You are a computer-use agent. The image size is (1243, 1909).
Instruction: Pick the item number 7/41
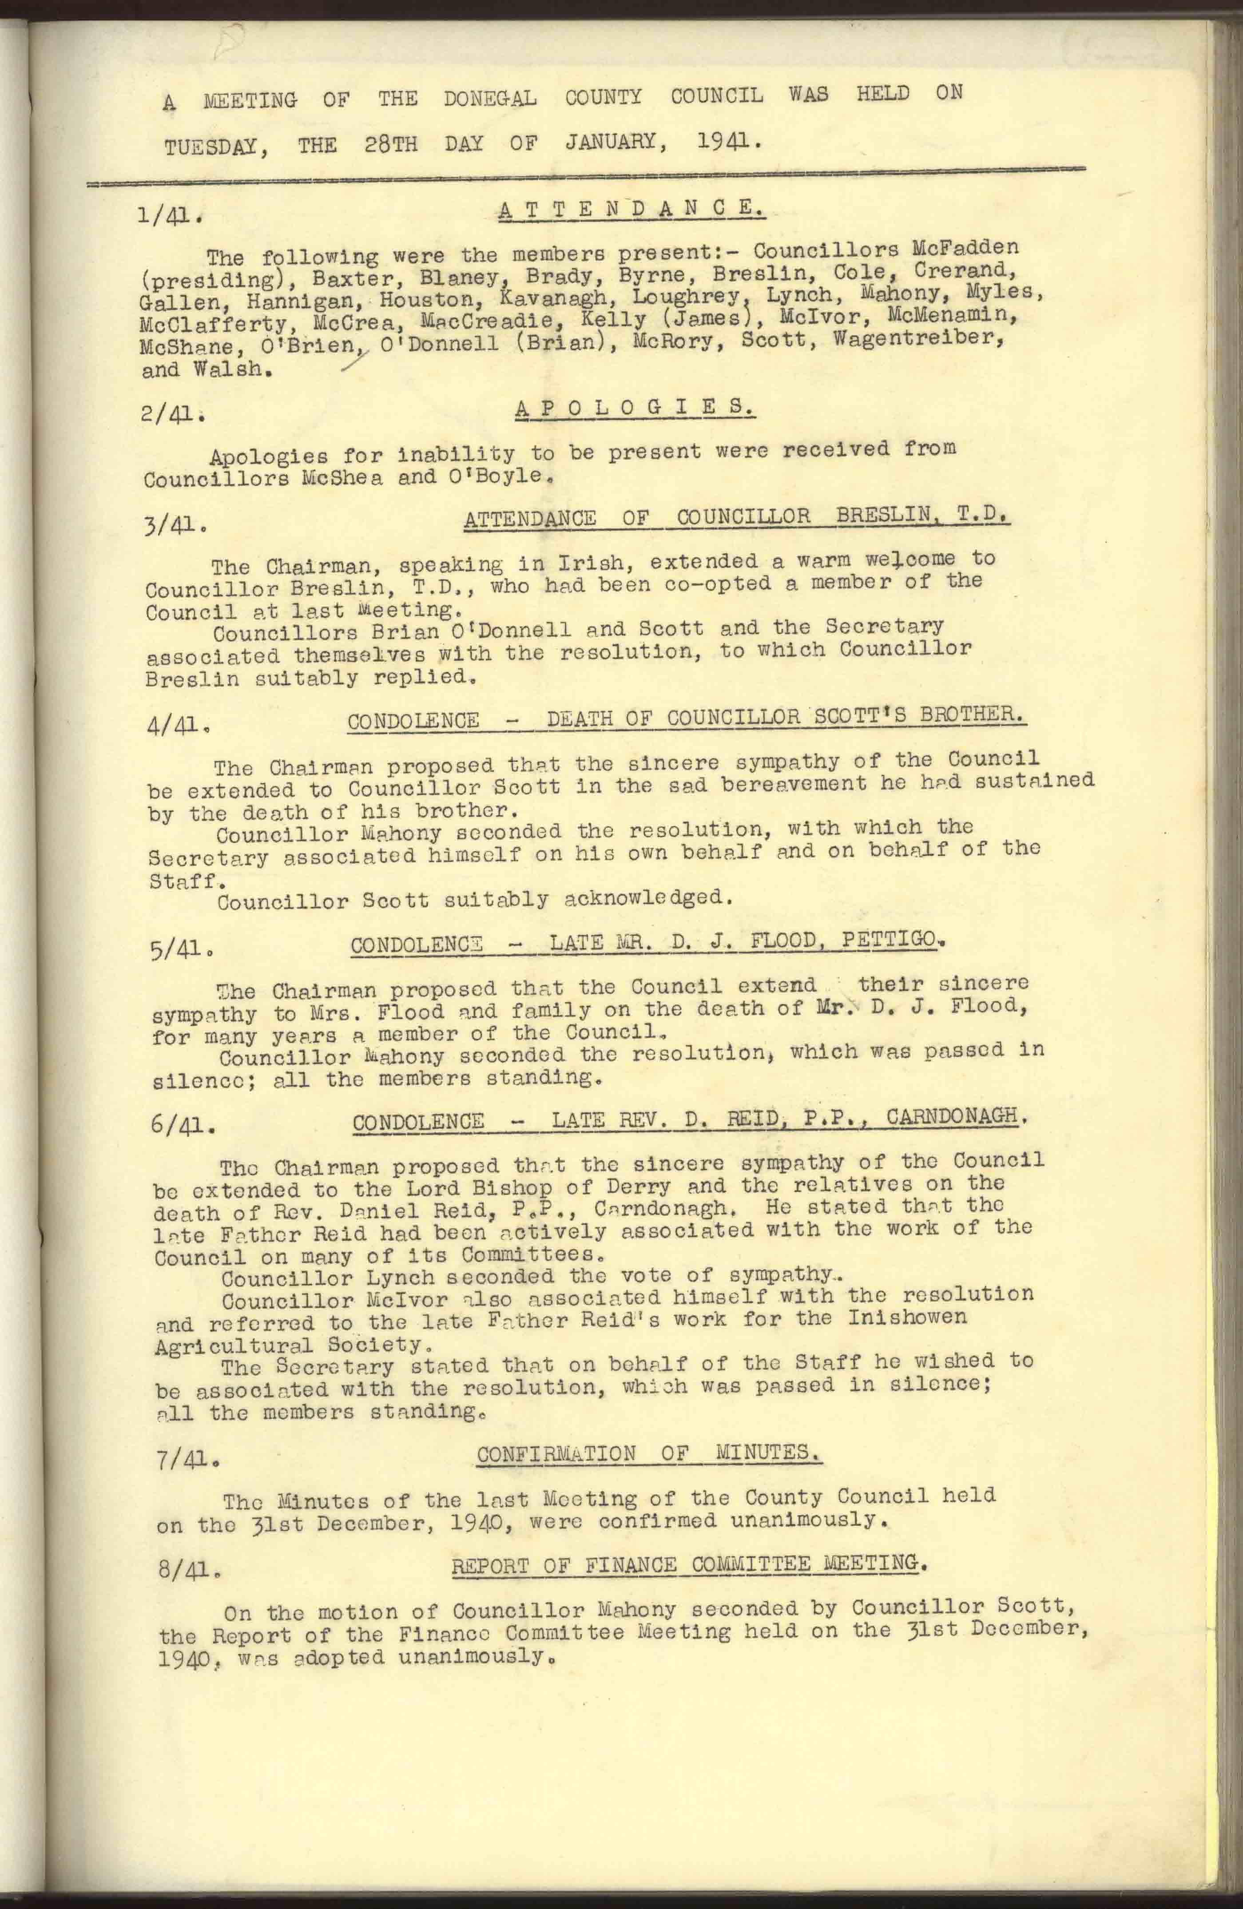click(186, 1462)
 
